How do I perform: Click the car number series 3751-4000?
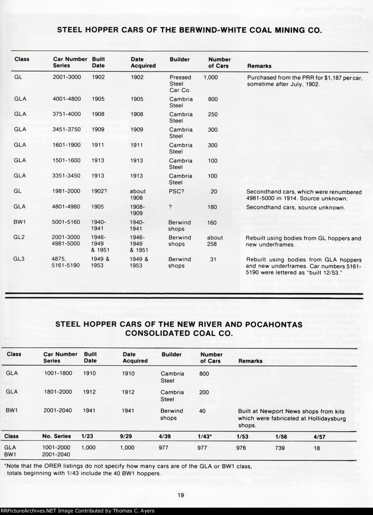pyautogui.click(x=67, y=114)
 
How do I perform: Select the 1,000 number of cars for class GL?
pyautogui.click(x=211, y=77)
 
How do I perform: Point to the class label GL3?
pyautogui.click(x=20, y=259)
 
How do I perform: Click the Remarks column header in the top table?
pyautogui.click(x=259, y=66)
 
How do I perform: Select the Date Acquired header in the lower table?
pyautogui.click(x=135, y=358)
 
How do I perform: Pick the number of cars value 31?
pyautogui.click(x=213, y=259)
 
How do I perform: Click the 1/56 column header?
pyautogui.click(x=280, y=436)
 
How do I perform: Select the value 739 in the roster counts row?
pyautogui.click(x=280, y=448)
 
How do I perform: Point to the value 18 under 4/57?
pyautogui.click(x=317, y=448)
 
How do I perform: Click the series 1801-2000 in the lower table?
pyautogui.click(x=58, y=392)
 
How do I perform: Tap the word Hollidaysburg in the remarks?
pyautogui.click(x=326, y=418)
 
